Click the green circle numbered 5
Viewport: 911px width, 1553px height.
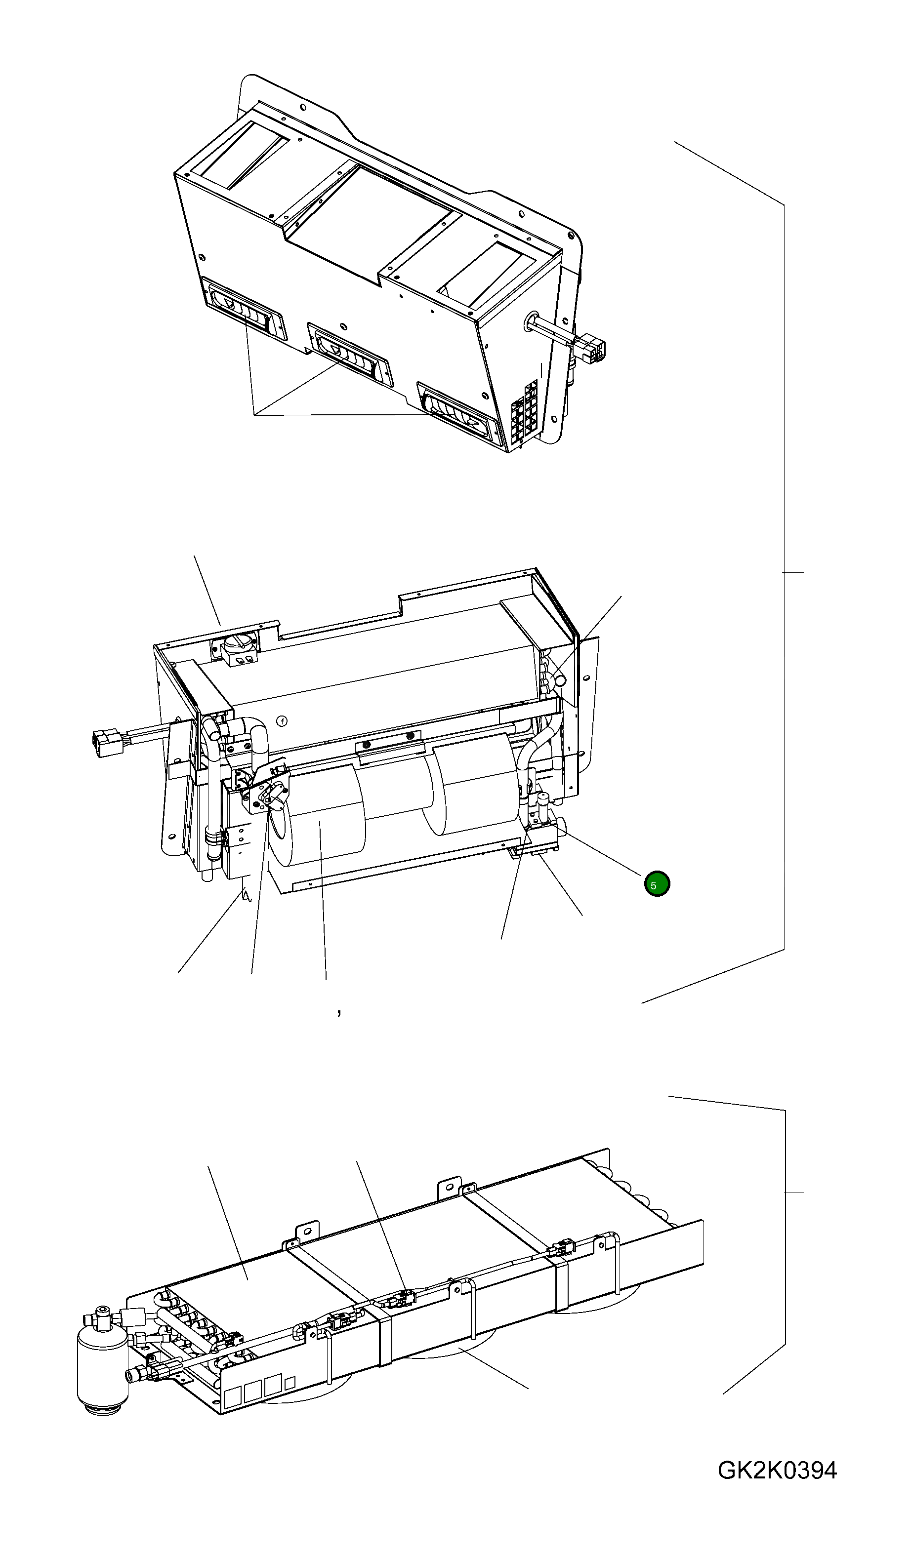tap(657, 884)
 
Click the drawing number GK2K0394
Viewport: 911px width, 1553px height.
tap(777, 1471)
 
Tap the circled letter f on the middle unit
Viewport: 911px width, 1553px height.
tap(282, 720)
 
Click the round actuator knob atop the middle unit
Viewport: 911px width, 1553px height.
tap(238, 646)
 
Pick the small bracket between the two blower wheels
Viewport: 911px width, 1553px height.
tap(389, 749)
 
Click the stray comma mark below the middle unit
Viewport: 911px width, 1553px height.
tap(338, 1012)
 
